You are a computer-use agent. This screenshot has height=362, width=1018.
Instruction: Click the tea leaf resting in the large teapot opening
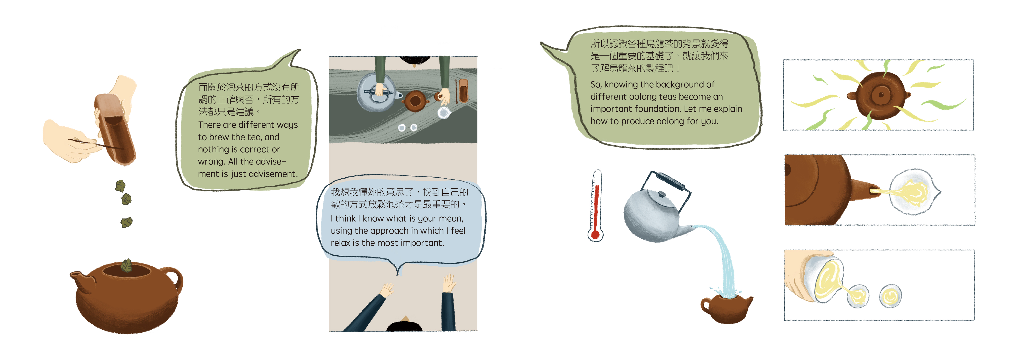(x=127, y=266)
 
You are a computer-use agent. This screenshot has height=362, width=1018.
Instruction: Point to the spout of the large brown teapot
(x=81, y=282)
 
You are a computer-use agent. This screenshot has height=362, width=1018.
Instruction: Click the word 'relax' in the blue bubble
(x=341, y=243)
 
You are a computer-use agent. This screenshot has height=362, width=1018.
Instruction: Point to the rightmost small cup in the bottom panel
(x=890, y=296)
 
